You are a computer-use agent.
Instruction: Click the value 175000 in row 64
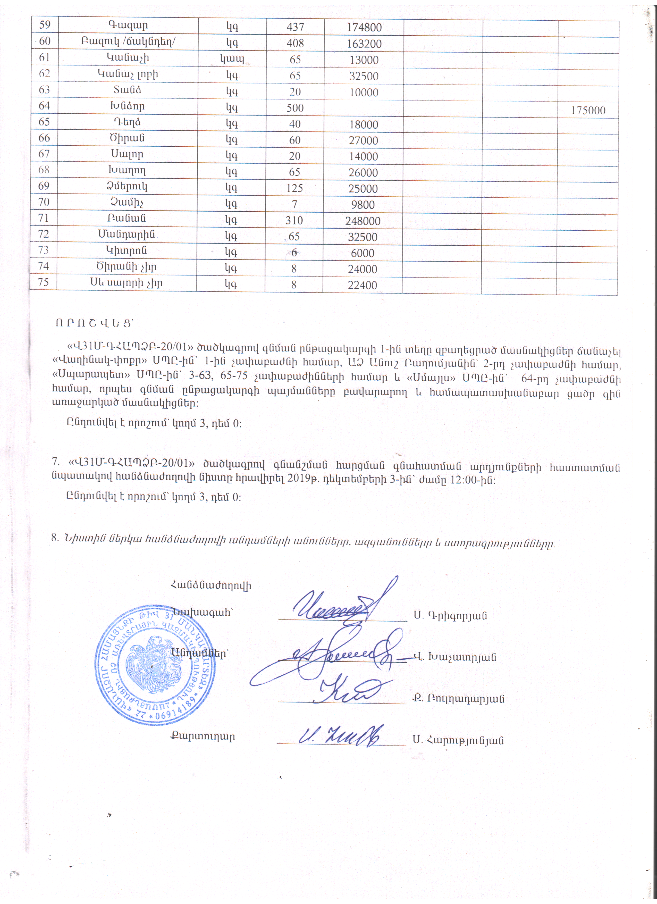(588, 110)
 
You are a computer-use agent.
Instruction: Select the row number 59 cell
(45, 25)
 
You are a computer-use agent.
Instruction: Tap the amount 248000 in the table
(363, 221)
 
